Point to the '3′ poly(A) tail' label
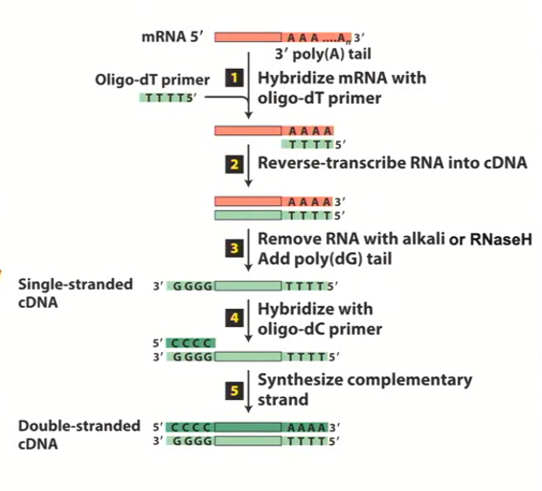315,54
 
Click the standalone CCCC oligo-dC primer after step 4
190,342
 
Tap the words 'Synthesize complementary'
363,381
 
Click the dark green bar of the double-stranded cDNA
246,425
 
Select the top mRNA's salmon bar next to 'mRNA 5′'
247,36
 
